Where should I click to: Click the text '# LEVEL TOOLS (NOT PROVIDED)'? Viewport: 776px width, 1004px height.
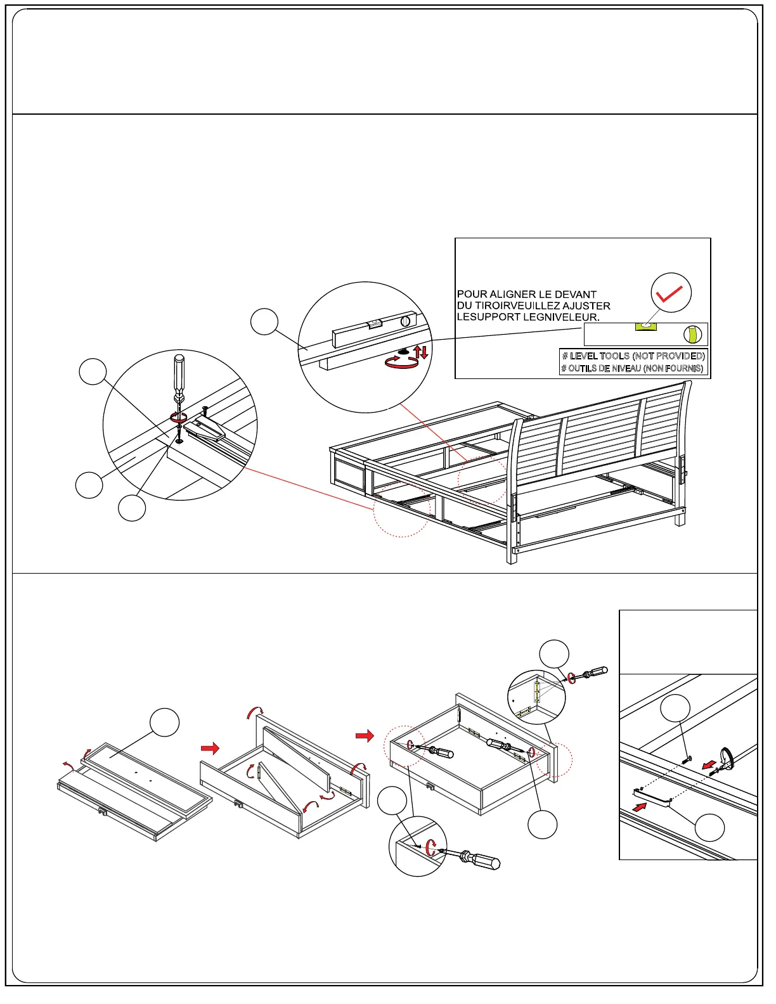633,356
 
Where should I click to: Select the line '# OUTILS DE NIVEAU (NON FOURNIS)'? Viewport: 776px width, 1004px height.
632,368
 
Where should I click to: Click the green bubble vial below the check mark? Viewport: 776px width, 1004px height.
645,326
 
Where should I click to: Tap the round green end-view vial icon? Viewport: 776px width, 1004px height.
693,334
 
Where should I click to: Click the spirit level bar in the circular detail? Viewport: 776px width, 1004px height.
373,330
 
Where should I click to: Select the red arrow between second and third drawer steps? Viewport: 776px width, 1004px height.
365,736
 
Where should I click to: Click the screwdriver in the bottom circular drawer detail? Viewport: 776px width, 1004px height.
474,859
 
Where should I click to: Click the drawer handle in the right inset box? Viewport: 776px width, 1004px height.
652,796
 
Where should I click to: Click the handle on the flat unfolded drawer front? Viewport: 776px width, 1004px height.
102,811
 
